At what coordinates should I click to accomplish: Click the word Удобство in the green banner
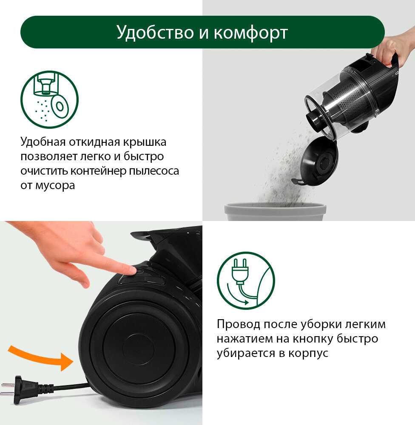tap(155, 33)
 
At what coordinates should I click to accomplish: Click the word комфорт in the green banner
tap(250, 33)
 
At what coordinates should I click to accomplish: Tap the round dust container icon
tap(49, 99)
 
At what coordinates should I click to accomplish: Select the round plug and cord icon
tap(246, 280)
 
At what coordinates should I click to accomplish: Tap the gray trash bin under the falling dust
tap(275, 212)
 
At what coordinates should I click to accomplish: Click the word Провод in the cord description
tap(239, 324)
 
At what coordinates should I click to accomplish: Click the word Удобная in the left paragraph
tap(43, 142)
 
